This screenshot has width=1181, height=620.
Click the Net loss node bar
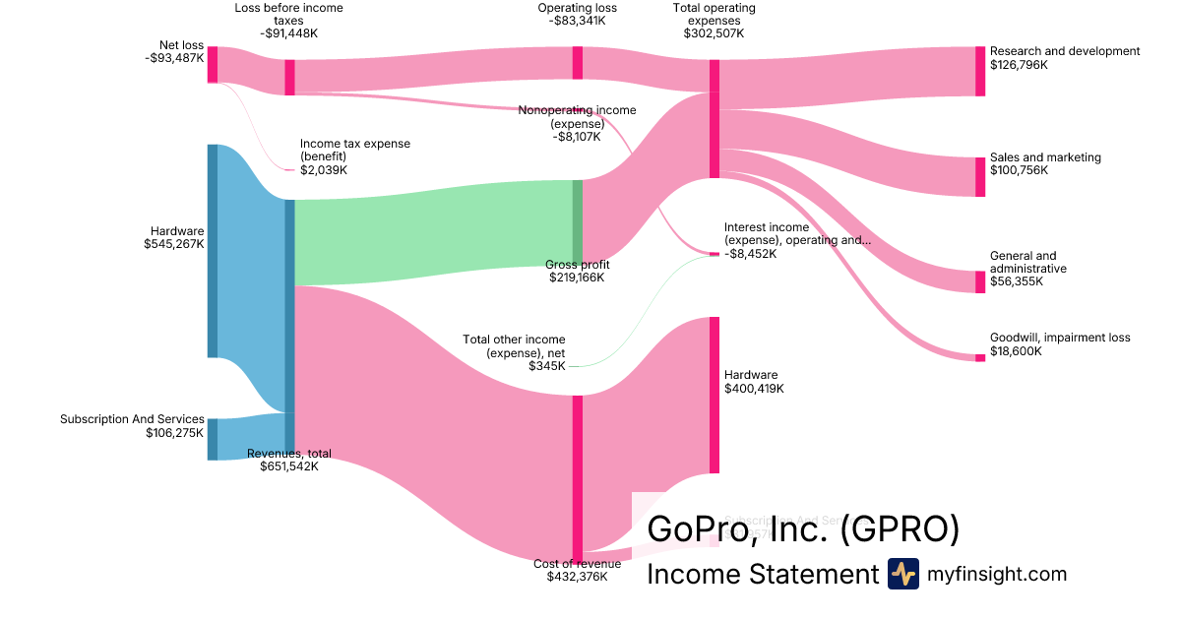[213, 64]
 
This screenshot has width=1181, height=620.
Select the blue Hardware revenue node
[213, 251]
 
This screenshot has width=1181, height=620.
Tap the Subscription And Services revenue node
[213, 439]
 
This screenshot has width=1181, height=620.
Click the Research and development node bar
[979, 71]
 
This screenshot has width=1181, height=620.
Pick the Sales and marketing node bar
[979, 177]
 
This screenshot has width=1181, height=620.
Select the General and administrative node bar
[979, 282]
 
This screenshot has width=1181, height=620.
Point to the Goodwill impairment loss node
[979, 357]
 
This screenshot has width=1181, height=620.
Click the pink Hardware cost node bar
[715, 395]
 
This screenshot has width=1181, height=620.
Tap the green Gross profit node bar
[578, 222]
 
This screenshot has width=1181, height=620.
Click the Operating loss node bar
[578, 63]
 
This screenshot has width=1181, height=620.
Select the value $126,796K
[1019, 66]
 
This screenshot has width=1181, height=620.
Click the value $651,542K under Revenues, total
[289, 466]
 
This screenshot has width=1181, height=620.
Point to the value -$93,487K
[174, 58]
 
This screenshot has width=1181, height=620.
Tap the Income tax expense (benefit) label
[354, 150]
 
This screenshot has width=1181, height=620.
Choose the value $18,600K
[1016, 351]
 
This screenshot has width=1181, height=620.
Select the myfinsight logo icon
[902, 574]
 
